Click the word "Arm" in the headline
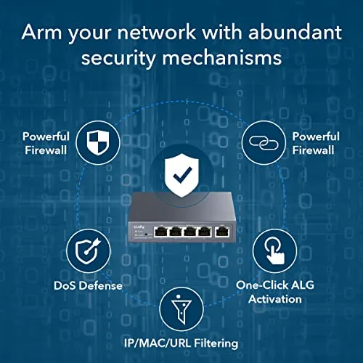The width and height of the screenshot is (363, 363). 41,32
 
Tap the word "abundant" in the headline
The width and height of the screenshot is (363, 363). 295,32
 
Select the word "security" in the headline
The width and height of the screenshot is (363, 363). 118,59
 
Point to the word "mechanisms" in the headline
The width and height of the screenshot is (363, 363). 222,58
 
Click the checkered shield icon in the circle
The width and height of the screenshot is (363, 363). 98,143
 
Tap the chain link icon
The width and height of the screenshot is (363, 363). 264,143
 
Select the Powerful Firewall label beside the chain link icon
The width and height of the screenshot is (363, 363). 316,143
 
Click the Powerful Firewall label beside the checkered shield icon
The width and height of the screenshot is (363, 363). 46,143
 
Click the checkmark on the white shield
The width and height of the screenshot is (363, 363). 183,174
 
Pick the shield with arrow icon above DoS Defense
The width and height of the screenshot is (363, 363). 88,251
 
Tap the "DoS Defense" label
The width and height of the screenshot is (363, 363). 88,285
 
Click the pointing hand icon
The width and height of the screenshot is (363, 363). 274,250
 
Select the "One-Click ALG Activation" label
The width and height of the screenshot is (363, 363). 275,292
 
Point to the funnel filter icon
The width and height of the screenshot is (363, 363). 181,309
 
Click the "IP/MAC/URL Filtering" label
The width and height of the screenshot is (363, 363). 181,343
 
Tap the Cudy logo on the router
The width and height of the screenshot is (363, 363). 139,227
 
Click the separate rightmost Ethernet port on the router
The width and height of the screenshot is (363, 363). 223,231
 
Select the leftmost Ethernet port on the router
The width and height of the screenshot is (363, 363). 160,231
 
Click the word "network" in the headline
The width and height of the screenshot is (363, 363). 156,32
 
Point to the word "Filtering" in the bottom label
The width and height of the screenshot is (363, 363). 216,343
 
